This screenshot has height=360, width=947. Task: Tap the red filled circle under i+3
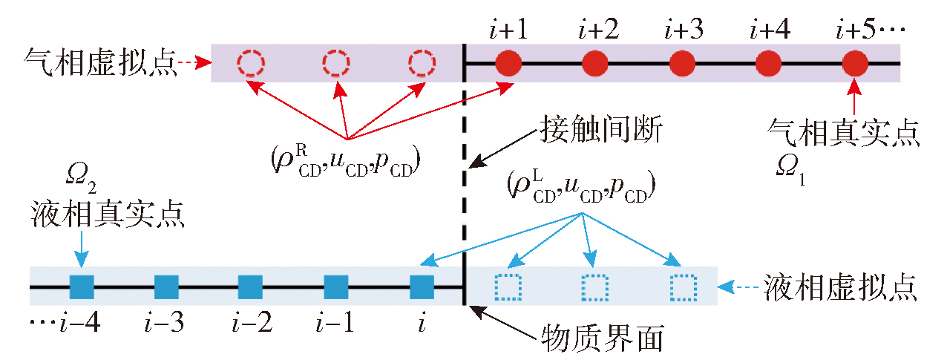point(681,63)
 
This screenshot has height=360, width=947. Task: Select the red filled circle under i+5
point(855,63)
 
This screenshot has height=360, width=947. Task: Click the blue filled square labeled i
point(422,286)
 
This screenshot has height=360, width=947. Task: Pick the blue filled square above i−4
point(81,286)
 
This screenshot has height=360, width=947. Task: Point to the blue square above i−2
point(251,286)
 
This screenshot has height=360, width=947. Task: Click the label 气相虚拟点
point(99,63)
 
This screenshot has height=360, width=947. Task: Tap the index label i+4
point(767,30)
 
